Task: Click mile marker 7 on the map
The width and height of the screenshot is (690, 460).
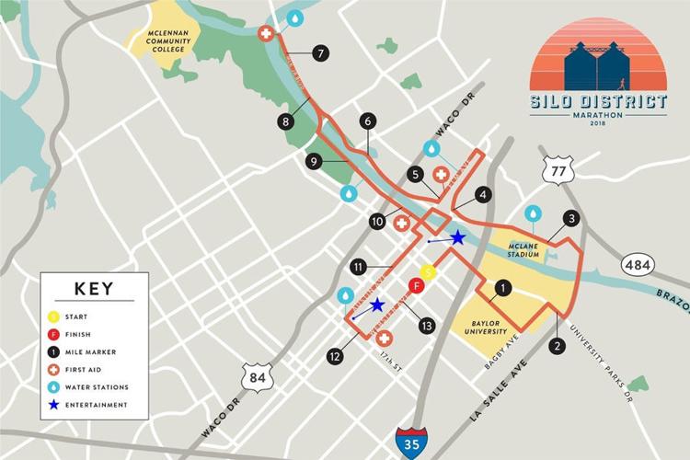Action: point(319,53)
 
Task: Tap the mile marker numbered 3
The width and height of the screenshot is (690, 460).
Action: point(571,219)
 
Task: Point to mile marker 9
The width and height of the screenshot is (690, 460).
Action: point(314,161)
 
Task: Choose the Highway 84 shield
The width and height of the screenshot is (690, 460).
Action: point(255,377)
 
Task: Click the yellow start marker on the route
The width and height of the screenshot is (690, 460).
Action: point(427,272)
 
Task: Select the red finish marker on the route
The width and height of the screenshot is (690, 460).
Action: point(416,286)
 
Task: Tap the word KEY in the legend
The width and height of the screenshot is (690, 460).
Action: point(92,289)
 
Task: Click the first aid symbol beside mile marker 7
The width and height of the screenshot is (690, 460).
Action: point(267,33)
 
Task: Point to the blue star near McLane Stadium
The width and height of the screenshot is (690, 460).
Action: point(457,237)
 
